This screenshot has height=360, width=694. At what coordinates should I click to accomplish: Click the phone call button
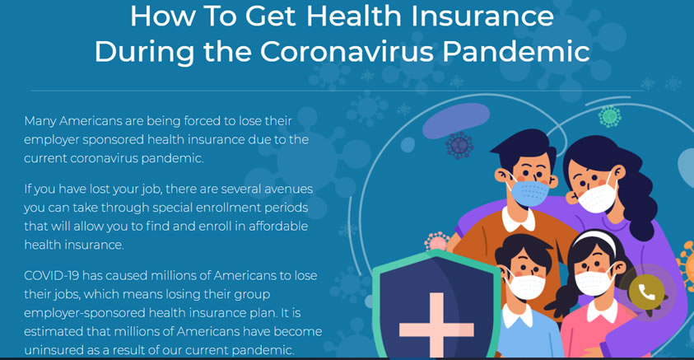[646, 292]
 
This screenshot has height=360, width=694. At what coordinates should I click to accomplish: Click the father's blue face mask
[529, 193]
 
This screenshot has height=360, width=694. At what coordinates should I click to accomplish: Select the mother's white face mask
[597, 198]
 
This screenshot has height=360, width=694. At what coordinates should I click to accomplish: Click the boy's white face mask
[525, 286]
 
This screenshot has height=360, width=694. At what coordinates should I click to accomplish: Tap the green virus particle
[610, 116]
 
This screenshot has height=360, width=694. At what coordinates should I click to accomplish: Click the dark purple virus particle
[459, 145]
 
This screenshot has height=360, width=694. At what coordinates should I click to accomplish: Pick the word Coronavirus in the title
[346, 52]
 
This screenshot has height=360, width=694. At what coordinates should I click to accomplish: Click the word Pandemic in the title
[515, 52]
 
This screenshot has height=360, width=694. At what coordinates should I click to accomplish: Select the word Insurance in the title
[482, 16]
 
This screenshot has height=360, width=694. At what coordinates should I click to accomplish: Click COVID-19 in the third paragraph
[52, 275]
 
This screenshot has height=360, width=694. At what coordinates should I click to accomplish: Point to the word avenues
[289, 189]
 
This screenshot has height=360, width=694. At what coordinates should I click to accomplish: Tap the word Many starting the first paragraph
[40, 121]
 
